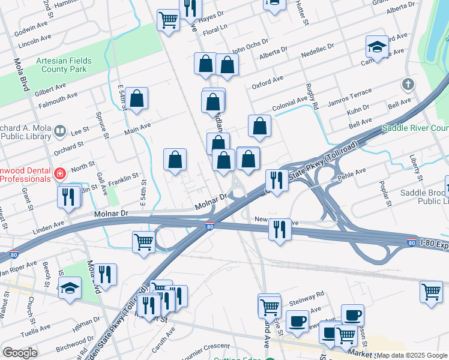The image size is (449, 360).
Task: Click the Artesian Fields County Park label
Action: click(61, 65)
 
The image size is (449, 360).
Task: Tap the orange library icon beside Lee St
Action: click(60, 131)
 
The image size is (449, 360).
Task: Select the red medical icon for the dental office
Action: click(59, 175)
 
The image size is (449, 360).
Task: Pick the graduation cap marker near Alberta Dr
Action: click(376, 47)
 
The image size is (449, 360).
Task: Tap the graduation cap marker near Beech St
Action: click(70, 288)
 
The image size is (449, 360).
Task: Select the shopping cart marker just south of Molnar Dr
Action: click(143, 242)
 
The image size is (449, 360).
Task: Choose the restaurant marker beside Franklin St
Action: click(68, 196)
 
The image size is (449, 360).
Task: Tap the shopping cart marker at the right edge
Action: click(431, 292)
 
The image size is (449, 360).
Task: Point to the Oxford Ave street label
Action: click(267, 82)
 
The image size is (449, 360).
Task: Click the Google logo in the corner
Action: click(20, 353)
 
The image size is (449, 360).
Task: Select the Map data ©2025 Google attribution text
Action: click(412, 355)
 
